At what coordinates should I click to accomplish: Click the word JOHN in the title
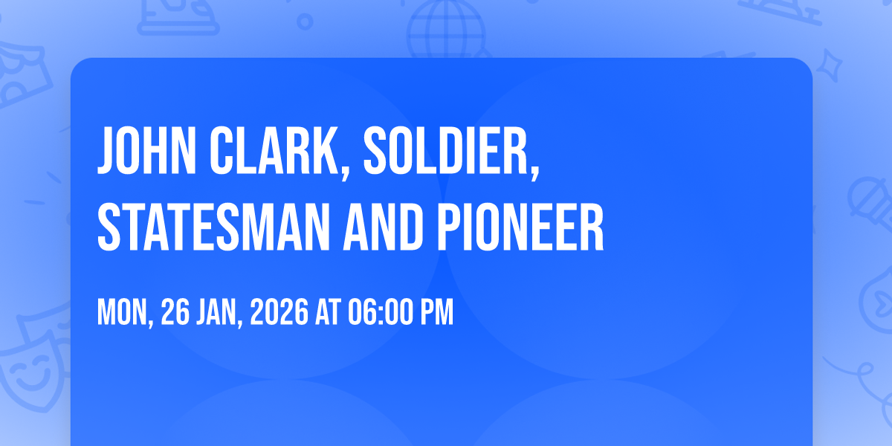(x=146, y=150)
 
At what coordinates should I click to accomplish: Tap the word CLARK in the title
(x=274, y=150)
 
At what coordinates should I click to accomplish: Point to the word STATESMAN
(x=213, y=227)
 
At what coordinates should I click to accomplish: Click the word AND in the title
(x=383, y=227)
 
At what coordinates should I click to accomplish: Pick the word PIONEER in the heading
(x=520, y=227)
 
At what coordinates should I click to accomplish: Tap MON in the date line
(x=123, y=312)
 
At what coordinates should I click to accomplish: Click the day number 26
(x=175, y=312)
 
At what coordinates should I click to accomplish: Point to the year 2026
(x=279, y=312)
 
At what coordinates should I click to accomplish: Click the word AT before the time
(x=328, y=312)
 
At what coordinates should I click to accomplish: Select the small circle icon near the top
(x=305, y=22)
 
